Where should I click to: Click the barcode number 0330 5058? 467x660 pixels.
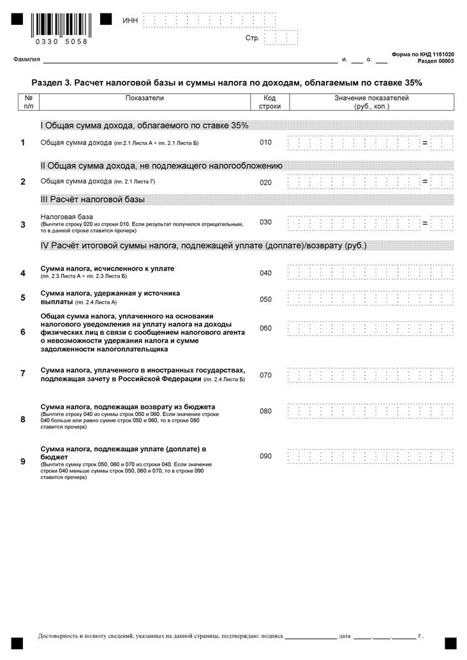point(61,41)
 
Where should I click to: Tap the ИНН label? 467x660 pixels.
point(130,21)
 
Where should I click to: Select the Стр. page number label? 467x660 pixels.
point(253,38)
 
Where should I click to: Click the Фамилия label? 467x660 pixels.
point(27,60)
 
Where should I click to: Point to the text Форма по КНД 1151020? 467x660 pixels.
point(423,55)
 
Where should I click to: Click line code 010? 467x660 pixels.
point(265,143)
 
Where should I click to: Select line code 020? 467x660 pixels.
point(265,182)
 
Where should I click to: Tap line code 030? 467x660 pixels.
point(265,222)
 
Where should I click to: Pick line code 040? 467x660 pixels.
point(265,273)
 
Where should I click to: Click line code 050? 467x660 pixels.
point(265,299)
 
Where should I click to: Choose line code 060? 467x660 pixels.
point(265,328)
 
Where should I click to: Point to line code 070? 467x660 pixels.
point(265,375)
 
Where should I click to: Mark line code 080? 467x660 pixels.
point(265,411)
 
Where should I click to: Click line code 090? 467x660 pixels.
point(265,456)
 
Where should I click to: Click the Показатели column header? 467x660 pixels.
point(145,98)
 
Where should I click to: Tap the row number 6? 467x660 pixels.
point(23,332)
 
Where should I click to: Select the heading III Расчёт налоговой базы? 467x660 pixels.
point(93,199)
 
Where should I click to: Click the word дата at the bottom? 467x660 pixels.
point(345,636)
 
